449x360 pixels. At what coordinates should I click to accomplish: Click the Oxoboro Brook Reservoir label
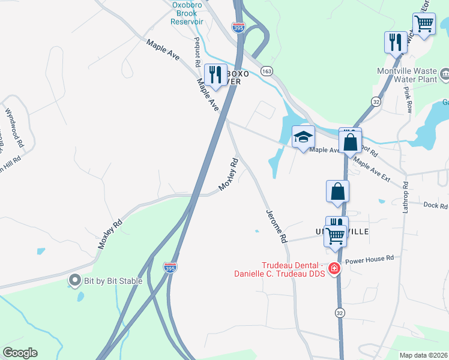pyautogui.click(x=187, y=13)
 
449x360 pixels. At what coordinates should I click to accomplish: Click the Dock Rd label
pyautogui.click(x=435, y=206)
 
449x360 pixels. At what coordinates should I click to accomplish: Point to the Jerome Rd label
pyautogui.click(x=276, y=226)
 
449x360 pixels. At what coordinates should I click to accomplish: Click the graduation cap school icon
pyautogui.click(x=303, y=136)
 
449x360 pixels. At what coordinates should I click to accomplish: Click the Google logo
pyautogui.click(x=20, y=353)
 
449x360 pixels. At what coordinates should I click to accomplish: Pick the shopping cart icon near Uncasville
pyautogui.click(x=336, y=235)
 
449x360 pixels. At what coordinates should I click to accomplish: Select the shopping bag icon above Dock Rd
pyautogui.click(x=338, y=192)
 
